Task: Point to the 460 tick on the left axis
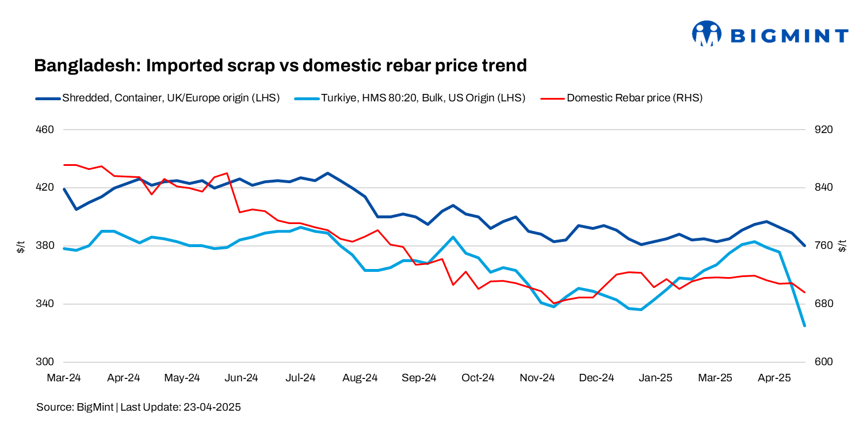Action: (x=45, y=130)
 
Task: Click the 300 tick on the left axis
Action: (x=45, y=362)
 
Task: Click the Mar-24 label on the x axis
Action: (x=64, y=378)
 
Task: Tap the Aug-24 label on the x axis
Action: (x=360, y=378)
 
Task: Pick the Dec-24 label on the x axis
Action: (x=597, y=378)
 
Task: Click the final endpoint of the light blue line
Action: (x=804, y=326)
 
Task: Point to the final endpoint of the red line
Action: (x=804, y=293)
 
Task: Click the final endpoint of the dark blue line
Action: (x=804, y=245)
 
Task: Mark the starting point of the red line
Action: (x=64, y=165)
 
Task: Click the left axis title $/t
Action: (x=21, y=247)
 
